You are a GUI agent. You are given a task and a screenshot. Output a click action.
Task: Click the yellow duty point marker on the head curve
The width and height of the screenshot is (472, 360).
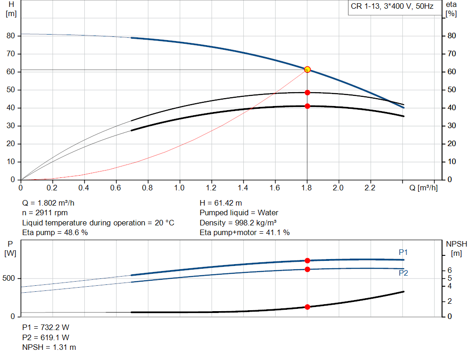pyautogui.click(x=307, y=70)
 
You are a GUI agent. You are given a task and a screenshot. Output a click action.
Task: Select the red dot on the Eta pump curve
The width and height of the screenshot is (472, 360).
pyautogui.click(x=307, y=93)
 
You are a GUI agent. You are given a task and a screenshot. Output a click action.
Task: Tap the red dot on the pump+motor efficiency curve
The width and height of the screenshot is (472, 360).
pyautogui.click(x=307, y=106)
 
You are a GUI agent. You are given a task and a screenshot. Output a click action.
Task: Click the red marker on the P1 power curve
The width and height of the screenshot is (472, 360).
pyautogui.click(x=307, y=260)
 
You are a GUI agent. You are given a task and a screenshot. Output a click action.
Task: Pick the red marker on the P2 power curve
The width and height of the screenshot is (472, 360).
pyautogui.click(x=307, y=269)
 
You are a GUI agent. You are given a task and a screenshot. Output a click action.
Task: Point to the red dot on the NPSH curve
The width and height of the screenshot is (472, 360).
pyautogui.click(x=307, y=307)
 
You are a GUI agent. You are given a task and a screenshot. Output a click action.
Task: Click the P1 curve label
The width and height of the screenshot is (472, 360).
pyautogui.click(x=403, y=252)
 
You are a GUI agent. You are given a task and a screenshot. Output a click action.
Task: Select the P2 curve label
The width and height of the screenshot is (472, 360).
pyautogui.click(x=403, y=273)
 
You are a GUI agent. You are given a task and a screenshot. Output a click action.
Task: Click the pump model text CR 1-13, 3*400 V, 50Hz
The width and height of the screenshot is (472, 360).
pyautogui.click(x=392, y=7)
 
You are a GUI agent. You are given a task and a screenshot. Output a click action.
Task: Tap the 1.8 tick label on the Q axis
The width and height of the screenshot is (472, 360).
pyautogui.click(x=307, y=188)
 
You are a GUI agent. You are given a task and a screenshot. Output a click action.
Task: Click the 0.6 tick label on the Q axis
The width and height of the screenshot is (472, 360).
pyautogui.click(x=116, y=188)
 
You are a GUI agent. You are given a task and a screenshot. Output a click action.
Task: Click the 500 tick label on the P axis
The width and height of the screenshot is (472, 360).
pyautogui.click(x=10, y=278)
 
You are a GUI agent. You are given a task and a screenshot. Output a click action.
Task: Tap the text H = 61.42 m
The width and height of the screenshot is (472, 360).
pyautogui.click(x=221, y=203)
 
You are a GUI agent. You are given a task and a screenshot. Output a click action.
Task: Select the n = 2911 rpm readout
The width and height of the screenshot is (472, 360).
pyautogui.click(x=45, y=213)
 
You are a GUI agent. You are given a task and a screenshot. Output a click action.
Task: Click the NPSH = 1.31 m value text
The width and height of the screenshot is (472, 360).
pyautogui.click(x=49, y=347)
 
